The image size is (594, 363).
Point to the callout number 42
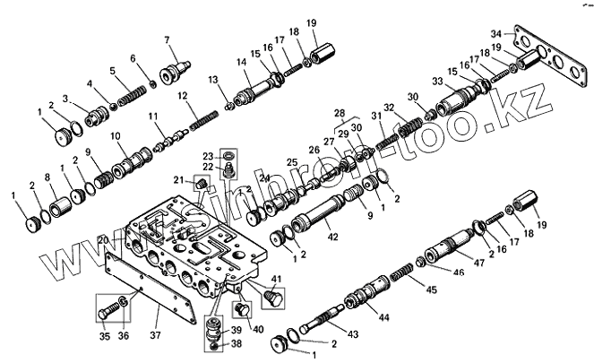point(333,238)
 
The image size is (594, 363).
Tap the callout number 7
point(167,39)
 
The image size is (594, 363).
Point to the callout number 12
point(181,96)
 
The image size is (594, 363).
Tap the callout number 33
point(437,82)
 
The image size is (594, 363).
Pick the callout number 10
point(116,136)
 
